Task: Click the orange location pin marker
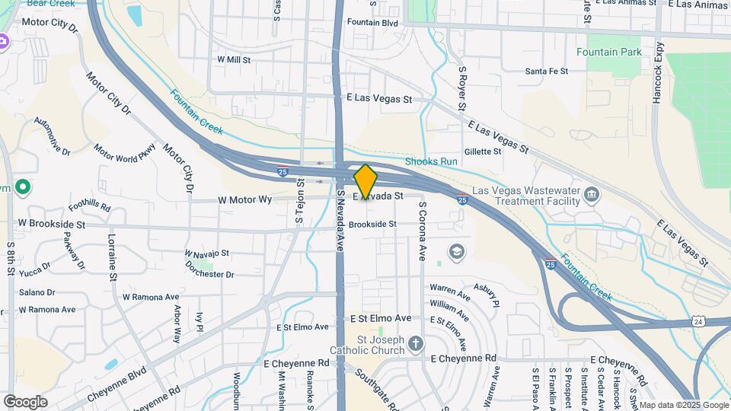[365, 182]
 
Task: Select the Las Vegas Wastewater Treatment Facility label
[525, 196]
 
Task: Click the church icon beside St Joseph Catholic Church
[415, 344]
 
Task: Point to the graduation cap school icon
[456, 252]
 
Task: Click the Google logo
[25, 401]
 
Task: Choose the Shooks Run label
[431, 161]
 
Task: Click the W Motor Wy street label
[244, 199]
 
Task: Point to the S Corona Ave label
[421, 231]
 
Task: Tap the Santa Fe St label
[547, 72]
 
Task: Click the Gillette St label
[483, 151]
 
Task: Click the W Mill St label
[234, 59]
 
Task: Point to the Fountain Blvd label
[372, 23]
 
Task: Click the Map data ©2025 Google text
[684, 405]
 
